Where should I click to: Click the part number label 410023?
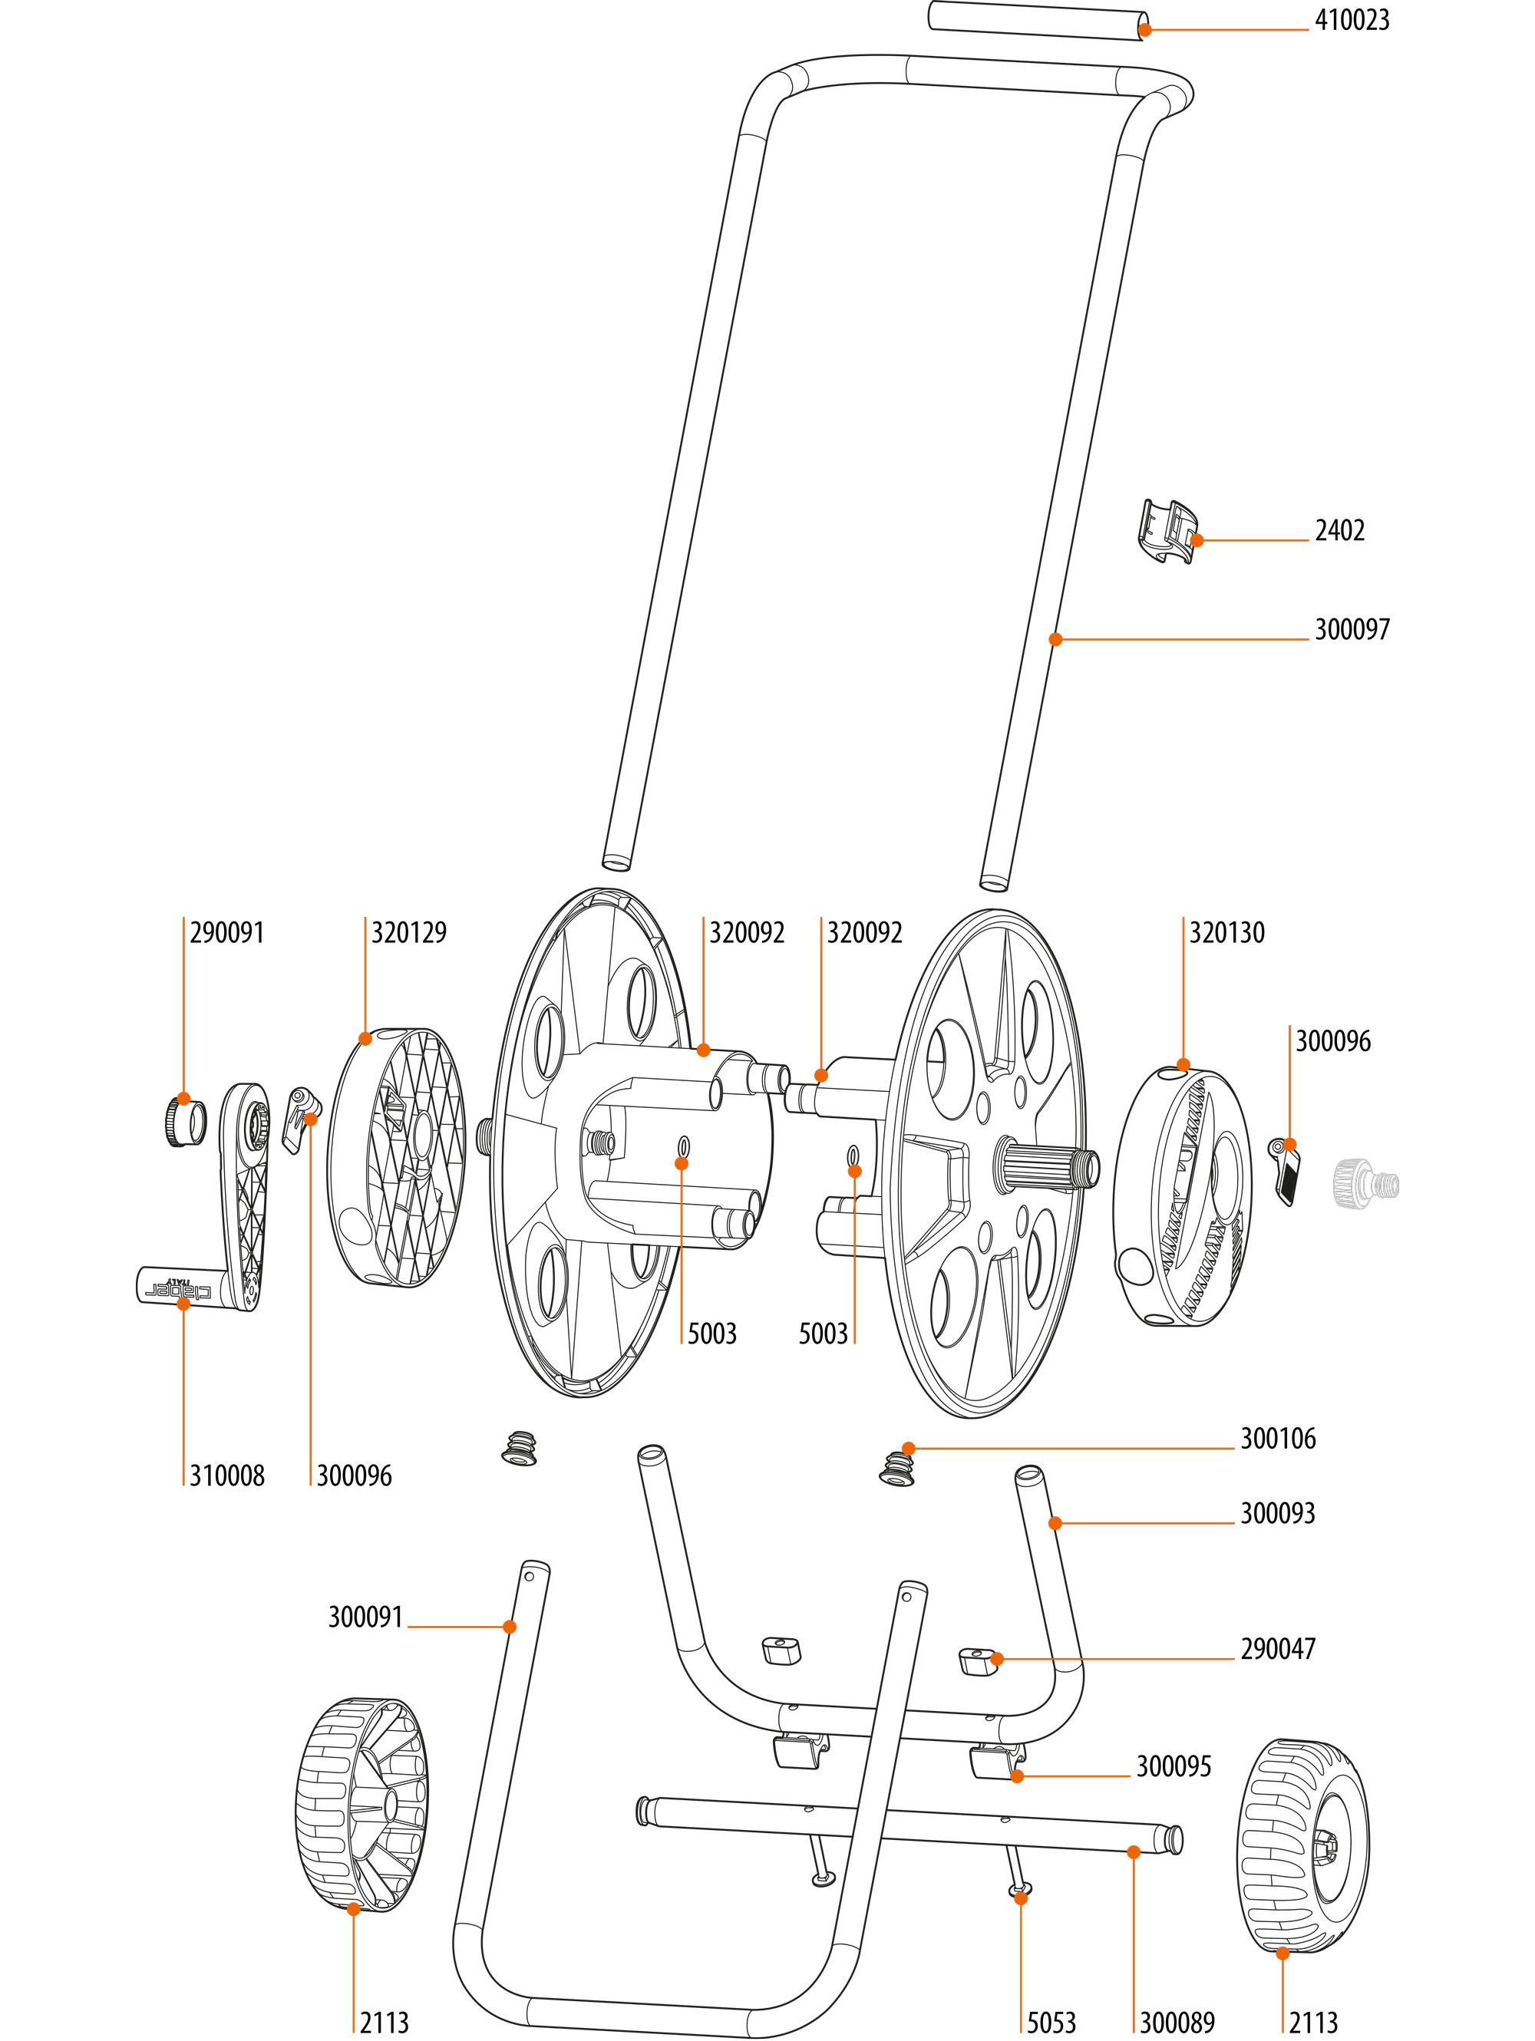[x=1352, y=20]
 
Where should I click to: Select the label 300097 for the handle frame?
[x=1352, y=629]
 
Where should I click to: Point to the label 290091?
[x=226, y=933]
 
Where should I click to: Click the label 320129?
[x=408, y=933]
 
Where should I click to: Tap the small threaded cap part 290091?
[x=186, y=1120]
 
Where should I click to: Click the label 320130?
[x=1226, y=933]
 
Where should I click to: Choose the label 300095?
[x=1174, y=1766]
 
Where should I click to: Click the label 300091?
[x=365, y=1617]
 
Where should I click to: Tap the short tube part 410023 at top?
[x=1038, y=20]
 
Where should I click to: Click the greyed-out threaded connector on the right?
[x=1366, y=1184]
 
